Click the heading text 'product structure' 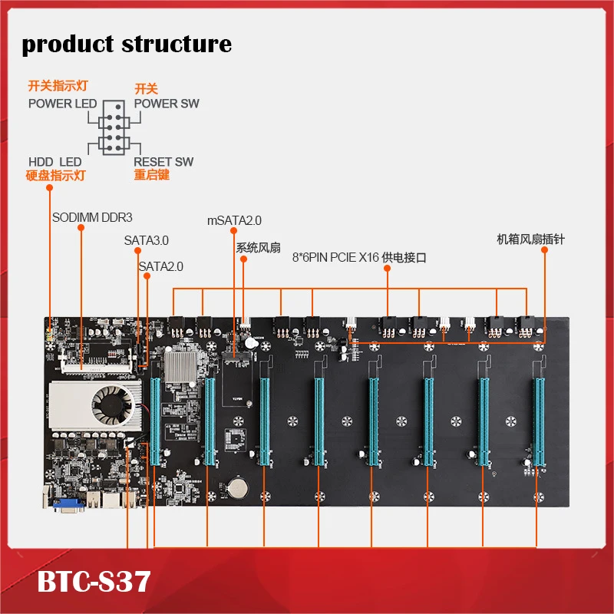point(127,44)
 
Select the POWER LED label point(63,104)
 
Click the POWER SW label point(167,104)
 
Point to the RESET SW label point(163,162)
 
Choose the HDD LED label point(55,162)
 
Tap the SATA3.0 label point(146,240)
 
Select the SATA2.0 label point(161,266)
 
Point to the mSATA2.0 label point(234,220)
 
